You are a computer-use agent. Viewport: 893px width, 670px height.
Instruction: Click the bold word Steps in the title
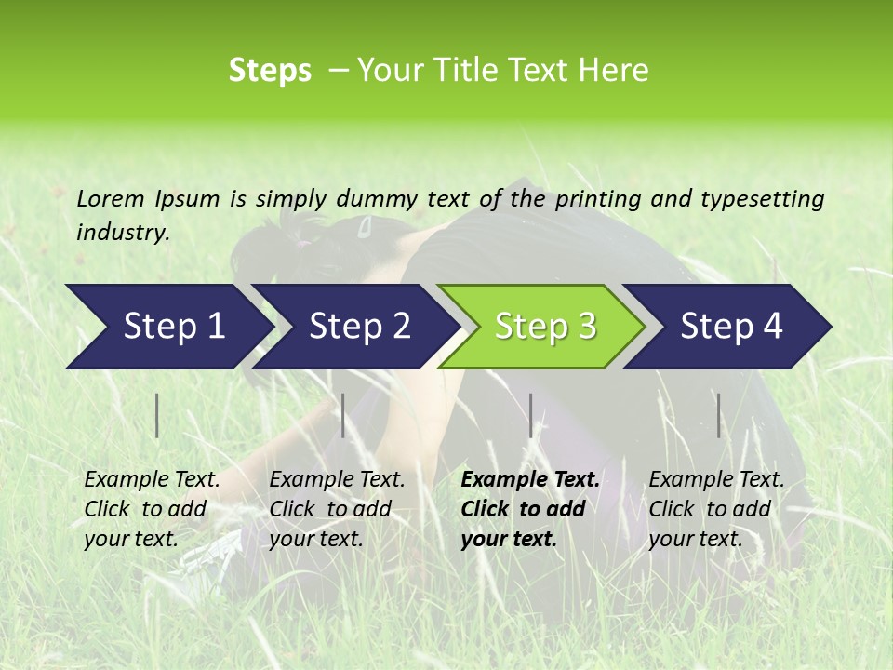(270, 71)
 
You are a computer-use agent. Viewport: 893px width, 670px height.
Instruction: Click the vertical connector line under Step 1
(157, 415)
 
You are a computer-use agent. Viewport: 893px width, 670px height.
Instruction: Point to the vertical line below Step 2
(343, 415)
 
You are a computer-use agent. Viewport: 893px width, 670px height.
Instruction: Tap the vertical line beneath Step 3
(530, 415)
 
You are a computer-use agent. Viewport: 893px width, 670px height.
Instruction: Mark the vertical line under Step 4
(718, 415)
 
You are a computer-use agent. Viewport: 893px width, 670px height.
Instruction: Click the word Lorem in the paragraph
(111, 198)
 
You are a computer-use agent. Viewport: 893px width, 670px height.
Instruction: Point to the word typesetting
(762, 199)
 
